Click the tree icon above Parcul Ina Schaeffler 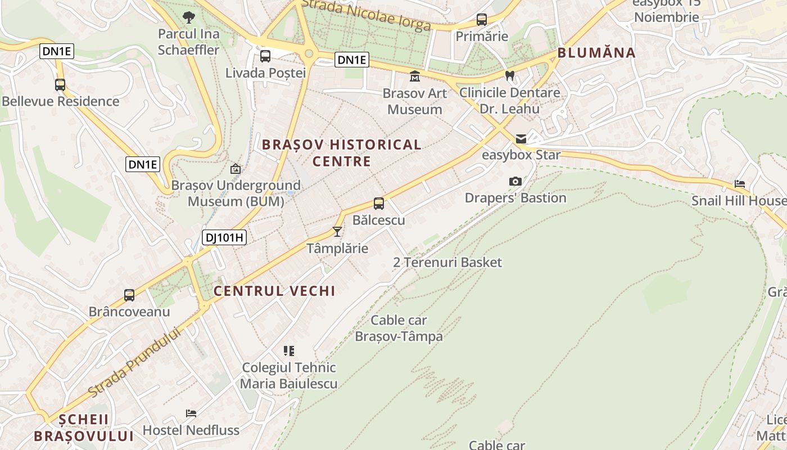tap(189, 17)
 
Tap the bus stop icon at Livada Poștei tap(265, 56)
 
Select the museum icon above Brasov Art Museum tap(415, 76)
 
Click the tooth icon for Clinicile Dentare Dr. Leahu tap(510, 75)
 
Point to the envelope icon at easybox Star tap(521, 138)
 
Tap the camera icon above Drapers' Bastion tap(515, 181)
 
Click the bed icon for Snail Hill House tap(740, 184)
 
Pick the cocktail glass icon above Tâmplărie tap(337, 231)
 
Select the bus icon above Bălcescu tap(379, 204)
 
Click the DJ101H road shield tap(224, 237)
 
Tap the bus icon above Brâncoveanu tap(129, 295)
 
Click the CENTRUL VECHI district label tap(274, 291)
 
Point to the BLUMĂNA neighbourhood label tap(596, 53)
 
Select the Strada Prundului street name tap(135, 361)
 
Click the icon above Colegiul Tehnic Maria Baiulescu tap(289, 351)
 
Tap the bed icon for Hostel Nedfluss tap(191, 413)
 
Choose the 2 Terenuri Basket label tap(447, 262)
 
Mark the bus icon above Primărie tap(482, 20)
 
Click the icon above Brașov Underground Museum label tap(236, 168)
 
